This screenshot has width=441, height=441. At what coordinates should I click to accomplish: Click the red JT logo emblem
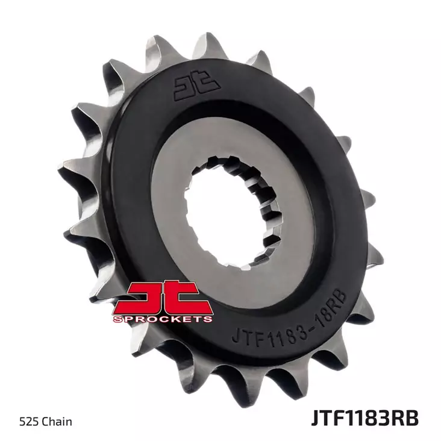click(161, 295)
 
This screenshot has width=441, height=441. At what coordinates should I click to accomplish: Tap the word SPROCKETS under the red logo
click(161, 317)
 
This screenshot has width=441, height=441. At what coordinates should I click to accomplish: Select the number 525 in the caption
click(28, 421)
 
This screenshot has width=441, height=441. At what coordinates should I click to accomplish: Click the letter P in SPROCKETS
click(128, 317)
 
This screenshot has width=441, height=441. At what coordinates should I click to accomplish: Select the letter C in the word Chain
click(43, 421)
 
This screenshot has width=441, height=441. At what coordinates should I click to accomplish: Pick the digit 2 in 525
click(28, 421)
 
